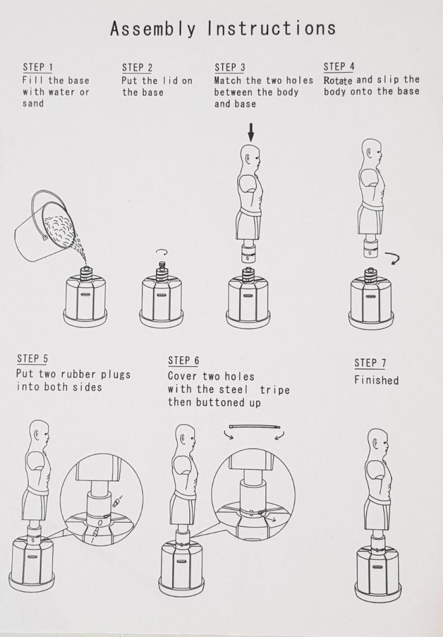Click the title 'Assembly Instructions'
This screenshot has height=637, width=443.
(223, 29)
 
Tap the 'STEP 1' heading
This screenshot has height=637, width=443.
(38, 67)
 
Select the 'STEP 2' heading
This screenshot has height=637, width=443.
(137, 67)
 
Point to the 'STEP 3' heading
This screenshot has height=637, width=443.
(230, 67)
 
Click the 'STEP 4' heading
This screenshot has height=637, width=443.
(339, 66)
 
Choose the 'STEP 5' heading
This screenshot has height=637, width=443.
(32, 359)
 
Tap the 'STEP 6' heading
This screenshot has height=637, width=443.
(184, 360)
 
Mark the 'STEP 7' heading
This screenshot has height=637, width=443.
(370, 363)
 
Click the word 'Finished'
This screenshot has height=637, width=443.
(376, 380)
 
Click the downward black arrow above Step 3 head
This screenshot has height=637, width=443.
(251, 132)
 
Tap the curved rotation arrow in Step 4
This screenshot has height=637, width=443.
(393, 258)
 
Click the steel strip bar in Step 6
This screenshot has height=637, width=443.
(254, 427)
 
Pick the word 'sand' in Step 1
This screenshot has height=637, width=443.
(33, 103)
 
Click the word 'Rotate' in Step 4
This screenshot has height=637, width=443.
(338, 80)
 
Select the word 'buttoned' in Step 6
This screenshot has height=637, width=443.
(215, 402)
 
